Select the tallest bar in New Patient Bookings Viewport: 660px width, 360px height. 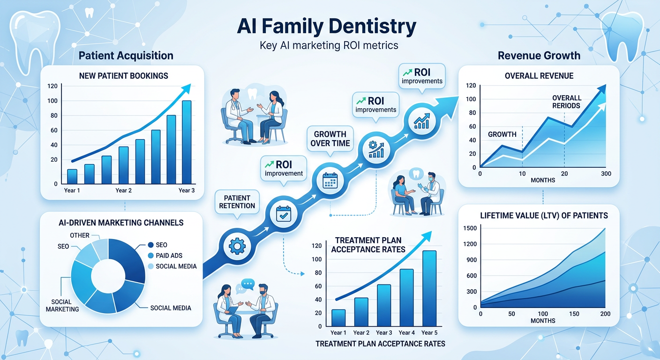point(187,142)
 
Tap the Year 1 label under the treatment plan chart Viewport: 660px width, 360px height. point(338,333)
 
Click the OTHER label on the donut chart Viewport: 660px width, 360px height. point(79,235)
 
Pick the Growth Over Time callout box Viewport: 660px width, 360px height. point(330,138)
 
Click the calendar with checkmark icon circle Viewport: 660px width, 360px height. point(282,213)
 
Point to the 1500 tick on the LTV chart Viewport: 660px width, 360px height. point(470,228)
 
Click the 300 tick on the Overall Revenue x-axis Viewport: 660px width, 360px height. point(606,173)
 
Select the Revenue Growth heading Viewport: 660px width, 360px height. point(539,56)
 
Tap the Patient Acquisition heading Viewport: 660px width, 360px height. point(126,56)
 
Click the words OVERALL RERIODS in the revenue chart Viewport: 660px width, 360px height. point(566,102)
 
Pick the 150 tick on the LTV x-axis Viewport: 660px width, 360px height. point(574,314)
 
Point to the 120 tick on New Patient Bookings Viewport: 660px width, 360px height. point(52,86)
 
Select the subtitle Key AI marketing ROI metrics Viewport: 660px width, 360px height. point(329,45)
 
